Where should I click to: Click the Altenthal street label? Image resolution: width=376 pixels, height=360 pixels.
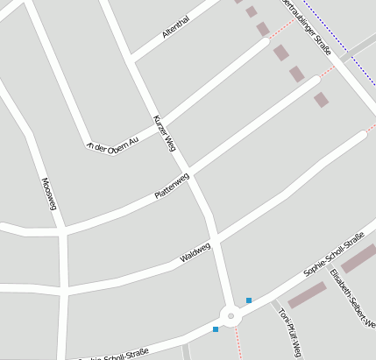point(175,27)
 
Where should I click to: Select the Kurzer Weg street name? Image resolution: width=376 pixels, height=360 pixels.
point(165,134)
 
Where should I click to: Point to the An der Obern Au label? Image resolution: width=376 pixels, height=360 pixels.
point(113,140)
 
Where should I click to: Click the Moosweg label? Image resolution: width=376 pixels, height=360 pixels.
point(49,194)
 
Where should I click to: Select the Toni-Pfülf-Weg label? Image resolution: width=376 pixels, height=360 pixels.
point(289,332)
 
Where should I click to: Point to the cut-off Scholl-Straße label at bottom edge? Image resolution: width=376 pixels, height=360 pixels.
point(114,356)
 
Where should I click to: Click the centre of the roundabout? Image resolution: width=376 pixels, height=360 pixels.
point(231,315)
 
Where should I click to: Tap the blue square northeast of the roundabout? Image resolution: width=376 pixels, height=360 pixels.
point(249,300)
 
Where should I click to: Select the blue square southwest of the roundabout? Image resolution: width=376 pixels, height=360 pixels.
point(215,329)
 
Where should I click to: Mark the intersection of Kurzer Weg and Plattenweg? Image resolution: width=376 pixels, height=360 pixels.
point(188,168)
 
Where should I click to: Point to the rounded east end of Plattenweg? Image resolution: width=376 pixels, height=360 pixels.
point(315,81)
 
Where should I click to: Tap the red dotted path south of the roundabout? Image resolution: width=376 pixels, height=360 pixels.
point(238,343)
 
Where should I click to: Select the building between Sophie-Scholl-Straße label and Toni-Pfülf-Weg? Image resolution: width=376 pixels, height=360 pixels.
point(307,294)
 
